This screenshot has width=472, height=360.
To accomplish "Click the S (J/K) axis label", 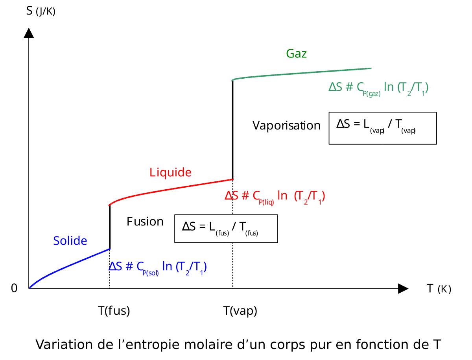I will pos(41,11).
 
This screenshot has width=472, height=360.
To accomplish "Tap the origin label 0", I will pos(14,288).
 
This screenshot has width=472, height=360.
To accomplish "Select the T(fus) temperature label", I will pos(114,311).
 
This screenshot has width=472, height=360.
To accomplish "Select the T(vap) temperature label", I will pos(240,311).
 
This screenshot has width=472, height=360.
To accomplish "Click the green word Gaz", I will pos(296,54).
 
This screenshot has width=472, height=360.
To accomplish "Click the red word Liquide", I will pos(170,172).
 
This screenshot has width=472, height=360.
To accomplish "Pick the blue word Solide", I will pos(70,241).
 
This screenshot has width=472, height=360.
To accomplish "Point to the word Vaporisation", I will pos(286,126).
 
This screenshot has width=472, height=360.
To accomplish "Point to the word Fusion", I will pos(145,222).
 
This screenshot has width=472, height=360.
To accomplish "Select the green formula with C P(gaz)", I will pos(378,88).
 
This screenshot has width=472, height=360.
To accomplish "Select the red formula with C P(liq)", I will pos(275,196).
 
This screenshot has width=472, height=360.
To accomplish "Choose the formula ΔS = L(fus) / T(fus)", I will pos(220,228).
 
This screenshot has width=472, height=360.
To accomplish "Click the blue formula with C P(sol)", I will pos(158,267).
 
